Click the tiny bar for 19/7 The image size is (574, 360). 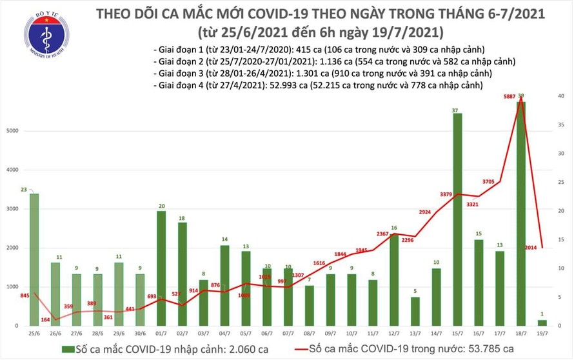542,323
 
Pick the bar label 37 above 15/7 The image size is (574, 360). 455,111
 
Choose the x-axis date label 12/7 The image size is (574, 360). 392,335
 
